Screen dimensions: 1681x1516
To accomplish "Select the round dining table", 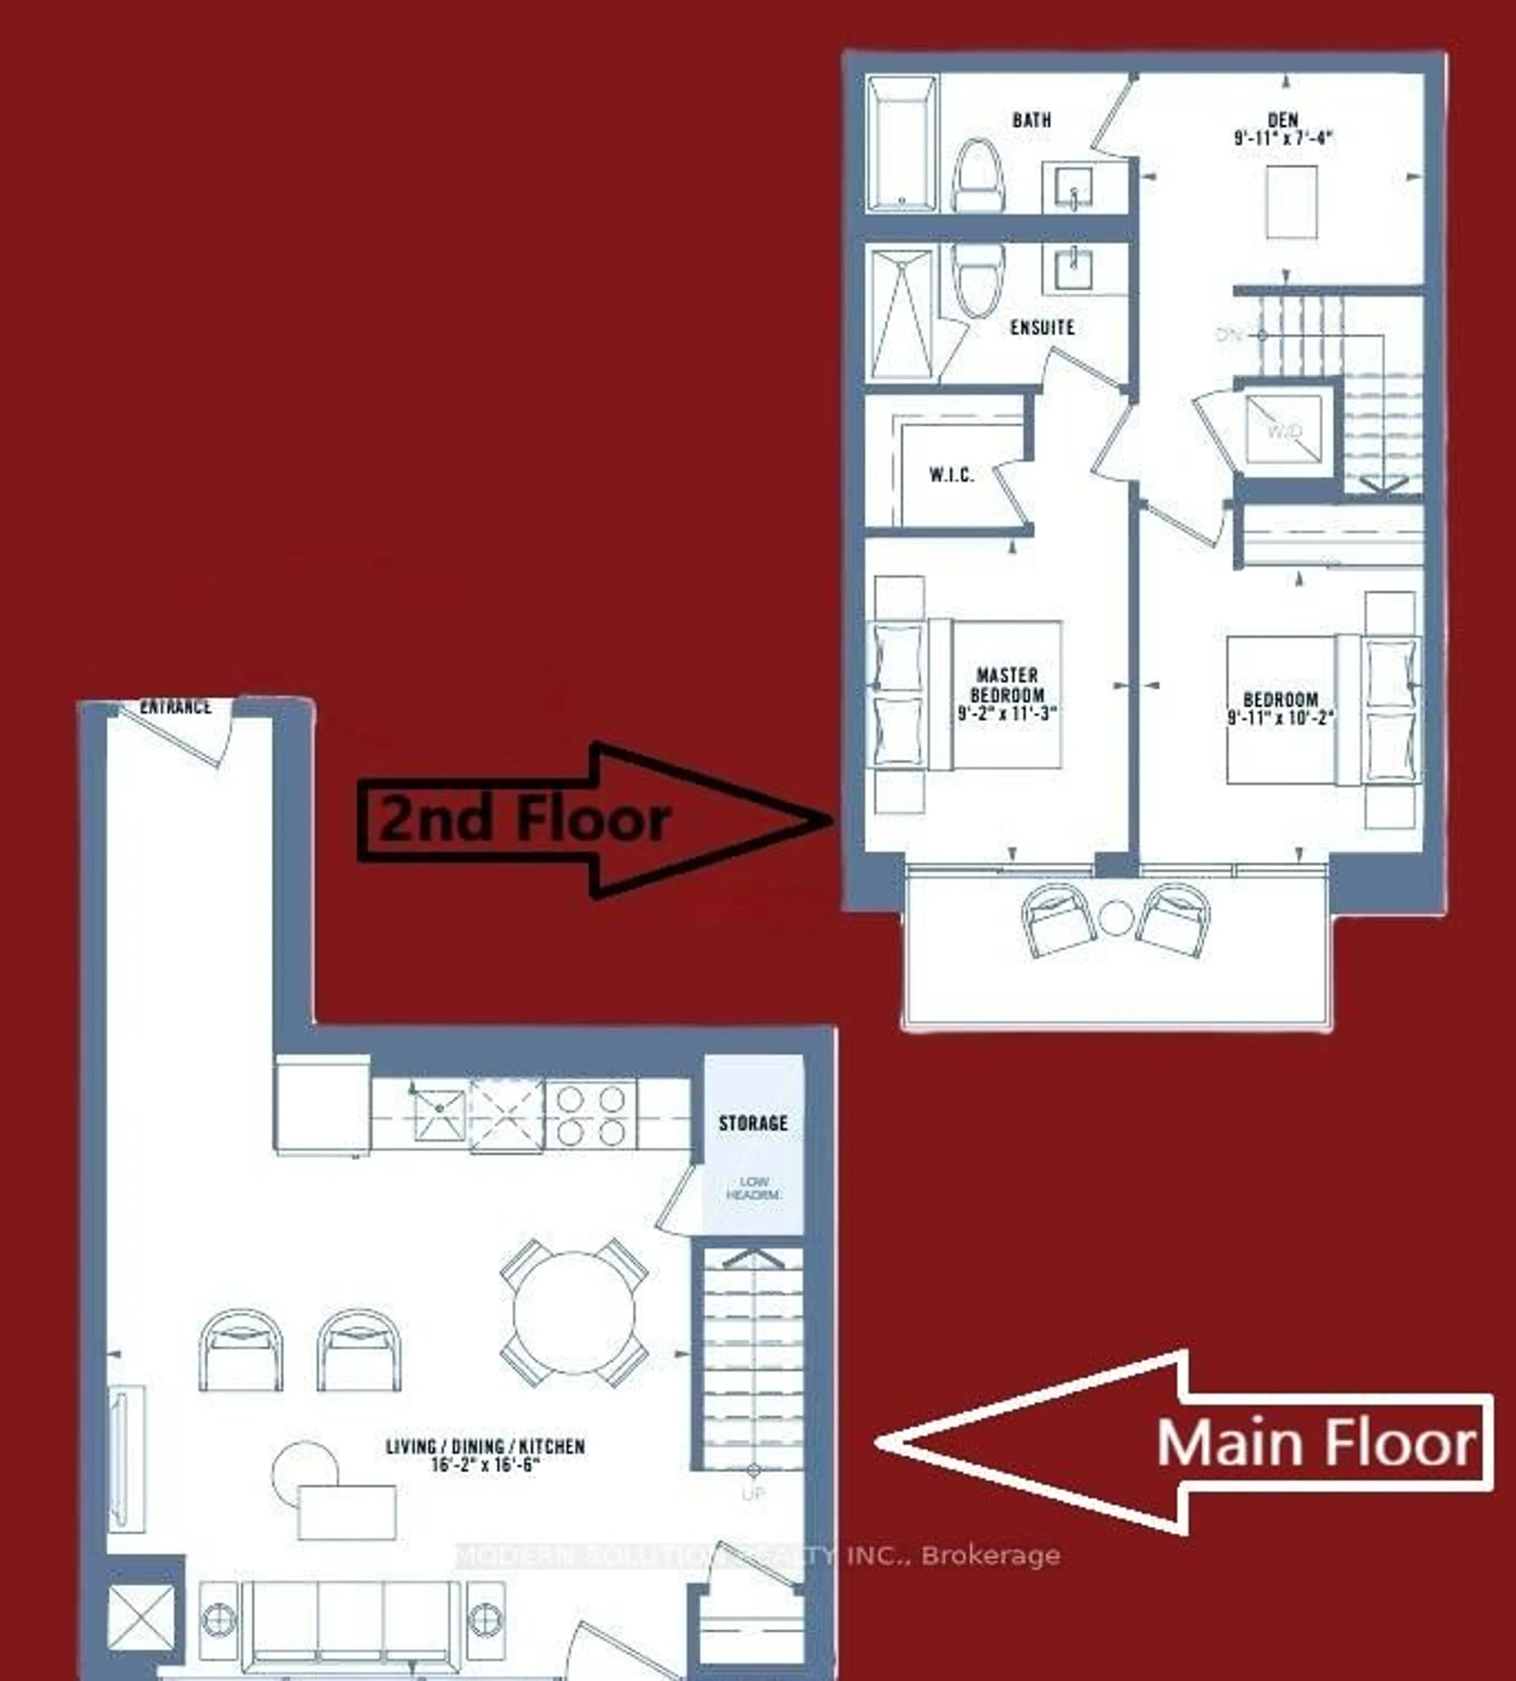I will coord(574,1312).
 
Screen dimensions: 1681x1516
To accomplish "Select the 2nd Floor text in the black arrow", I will coord(525,819).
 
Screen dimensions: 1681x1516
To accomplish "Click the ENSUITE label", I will coord(1042,327).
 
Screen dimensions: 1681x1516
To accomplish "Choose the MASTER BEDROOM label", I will coord(1007,685).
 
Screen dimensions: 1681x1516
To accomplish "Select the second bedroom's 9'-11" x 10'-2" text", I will coord(1281,717).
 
